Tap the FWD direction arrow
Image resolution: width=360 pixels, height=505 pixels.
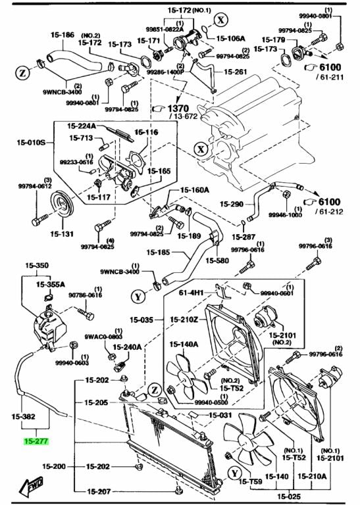click(x=31, y=485)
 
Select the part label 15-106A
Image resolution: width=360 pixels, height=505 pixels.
click(x=232, y=38)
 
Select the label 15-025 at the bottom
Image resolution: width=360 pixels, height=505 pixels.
click(x=288, y=496)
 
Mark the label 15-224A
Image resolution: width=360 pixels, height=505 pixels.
click(x=82, y=125)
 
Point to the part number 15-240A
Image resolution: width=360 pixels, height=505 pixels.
click(x=128, y=347)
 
